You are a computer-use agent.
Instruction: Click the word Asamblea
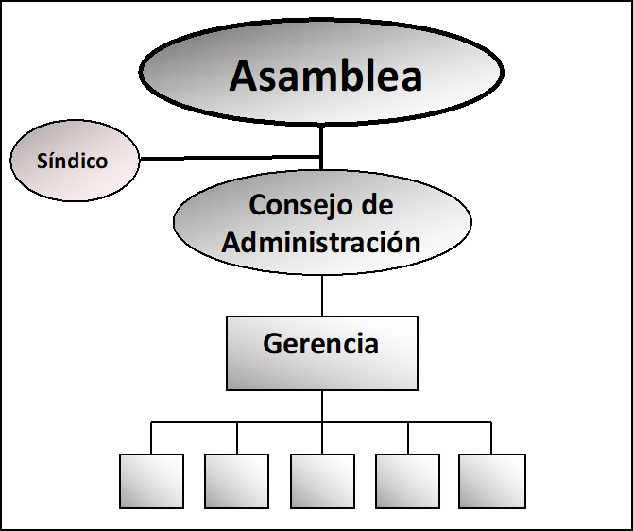click(325, 77)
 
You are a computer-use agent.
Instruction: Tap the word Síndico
click(72, 161)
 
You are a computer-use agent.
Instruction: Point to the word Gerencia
click(320, 343)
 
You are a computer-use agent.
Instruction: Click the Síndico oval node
click(73, 180)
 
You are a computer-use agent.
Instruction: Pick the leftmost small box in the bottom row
click(151, 481)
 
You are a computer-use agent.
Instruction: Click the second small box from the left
click(236, 481)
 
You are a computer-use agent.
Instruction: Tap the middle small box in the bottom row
click(322, 481)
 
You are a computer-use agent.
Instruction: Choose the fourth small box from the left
click(407, 481)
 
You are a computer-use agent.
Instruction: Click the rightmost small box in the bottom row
click(491, 481)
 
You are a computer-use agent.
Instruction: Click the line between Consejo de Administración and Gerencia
click(322, 296)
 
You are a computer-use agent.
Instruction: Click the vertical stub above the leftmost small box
click(151, 438)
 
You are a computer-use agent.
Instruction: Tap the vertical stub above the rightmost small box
click(491, 438)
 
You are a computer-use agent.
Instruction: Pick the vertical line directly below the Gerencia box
click(322, 406)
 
